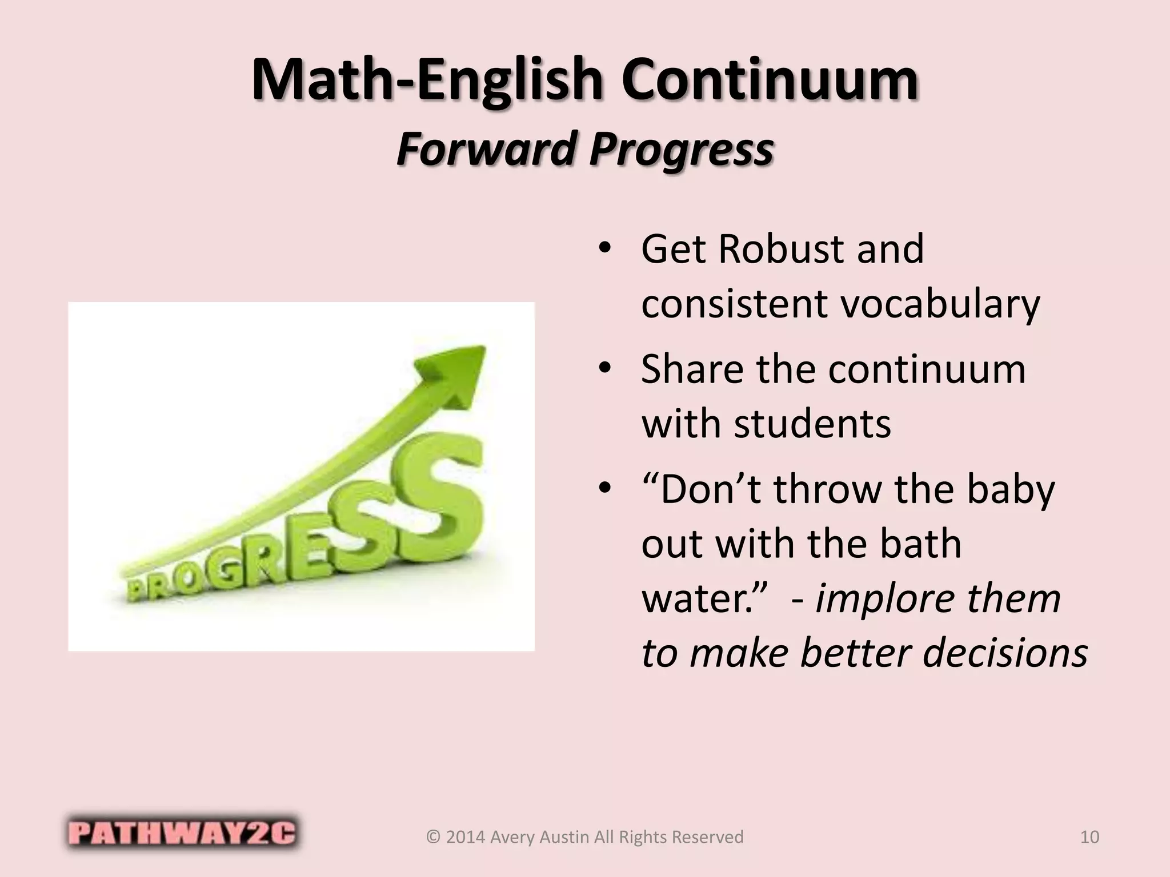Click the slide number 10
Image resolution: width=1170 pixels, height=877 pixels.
click(x=1089, y=837)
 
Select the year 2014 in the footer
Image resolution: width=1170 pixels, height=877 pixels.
click(x=466, y=837)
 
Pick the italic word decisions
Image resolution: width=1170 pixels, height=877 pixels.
click(x=1005, y=652)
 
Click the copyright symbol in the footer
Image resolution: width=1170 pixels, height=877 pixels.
click(x=434, y=837)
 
